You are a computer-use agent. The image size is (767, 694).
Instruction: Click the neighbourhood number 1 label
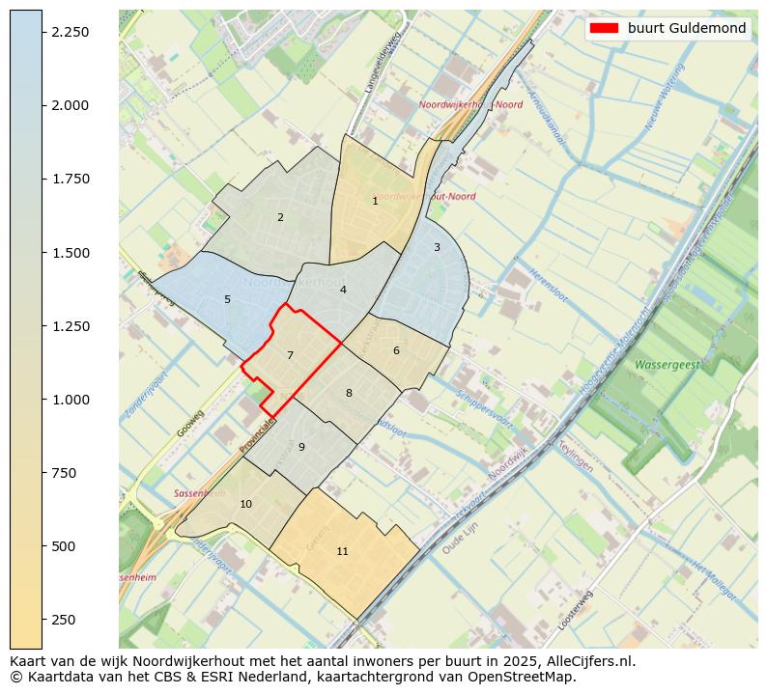(x=375, y=201)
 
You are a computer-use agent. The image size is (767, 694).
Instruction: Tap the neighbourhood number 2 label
(x=280, y=217)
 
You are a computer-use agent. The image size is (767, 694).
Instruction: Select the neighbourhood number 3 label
(x=437, y=247)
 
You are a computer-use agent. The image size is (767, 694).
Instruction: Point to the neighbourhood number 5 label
(x=227, y=299)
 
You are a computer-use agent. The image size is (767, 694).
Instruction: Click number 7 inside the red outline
(x=290, y=355)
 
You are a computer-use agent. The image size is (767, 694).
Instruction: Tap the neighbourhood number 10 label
(x=245, y=504)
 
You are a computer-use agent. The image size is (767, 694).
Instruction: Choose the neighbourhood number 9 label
(x=301, y=447)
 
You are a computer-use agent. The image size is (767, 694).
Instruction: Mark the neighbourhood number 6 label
(x=396, y=350)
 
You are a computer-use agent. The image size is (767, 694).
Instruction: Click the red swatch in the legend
(x=603, y=28)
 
